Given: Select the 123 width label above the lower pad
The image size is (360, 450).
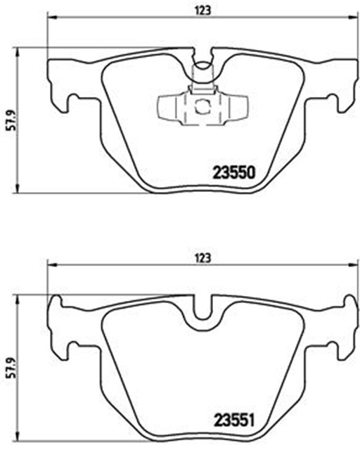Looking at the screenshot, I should coord(202,257).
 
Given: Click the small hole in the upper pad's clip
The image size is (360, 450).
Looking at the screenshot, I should coord(201,108).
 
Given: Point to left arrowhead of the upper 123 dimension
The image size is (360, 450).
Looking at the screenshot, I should coord(50,19).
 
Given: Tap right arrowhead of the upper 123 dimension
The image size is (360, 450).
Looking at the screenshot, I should coord(354,19).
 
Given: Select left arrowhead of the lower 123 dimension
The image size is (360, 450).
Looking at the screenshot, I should coord(50,265).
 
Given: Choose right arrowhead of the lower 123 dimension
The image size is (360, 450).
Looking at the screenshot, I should coord(354,265).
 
